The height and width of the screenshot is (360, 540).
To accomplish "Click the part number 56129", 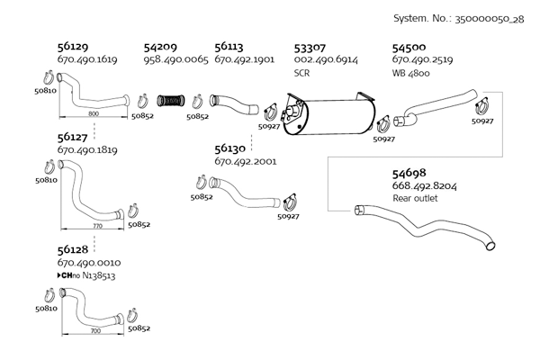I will tap(74, 46).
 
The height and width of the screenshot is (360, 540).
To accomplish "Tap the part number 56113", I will tap(231, 46).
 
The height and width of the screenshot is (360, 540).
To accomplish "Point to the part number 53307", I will tap(311, 46).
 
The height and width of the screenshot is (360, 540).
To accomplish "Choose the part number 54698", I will tap(409, 173).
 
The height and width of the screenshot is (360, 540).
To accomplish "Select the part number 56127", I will tap(74, 138).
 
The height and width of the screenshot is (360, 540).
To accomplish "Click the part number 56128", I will tap(74, 249).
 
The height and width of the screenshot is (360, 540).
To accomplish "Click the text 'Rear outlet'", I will tap(415, 198).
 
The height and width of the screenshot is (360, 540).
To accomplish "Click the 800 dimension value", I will tap(94, 113).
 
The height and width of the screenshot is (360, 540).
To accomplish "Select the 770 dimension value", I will tap(97, 228).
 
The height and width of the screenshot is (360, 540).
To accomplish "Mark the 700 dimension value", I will tap(94, 332).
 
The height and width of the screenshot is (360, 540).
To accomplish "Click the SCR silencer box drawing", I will tap(329, 116).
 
